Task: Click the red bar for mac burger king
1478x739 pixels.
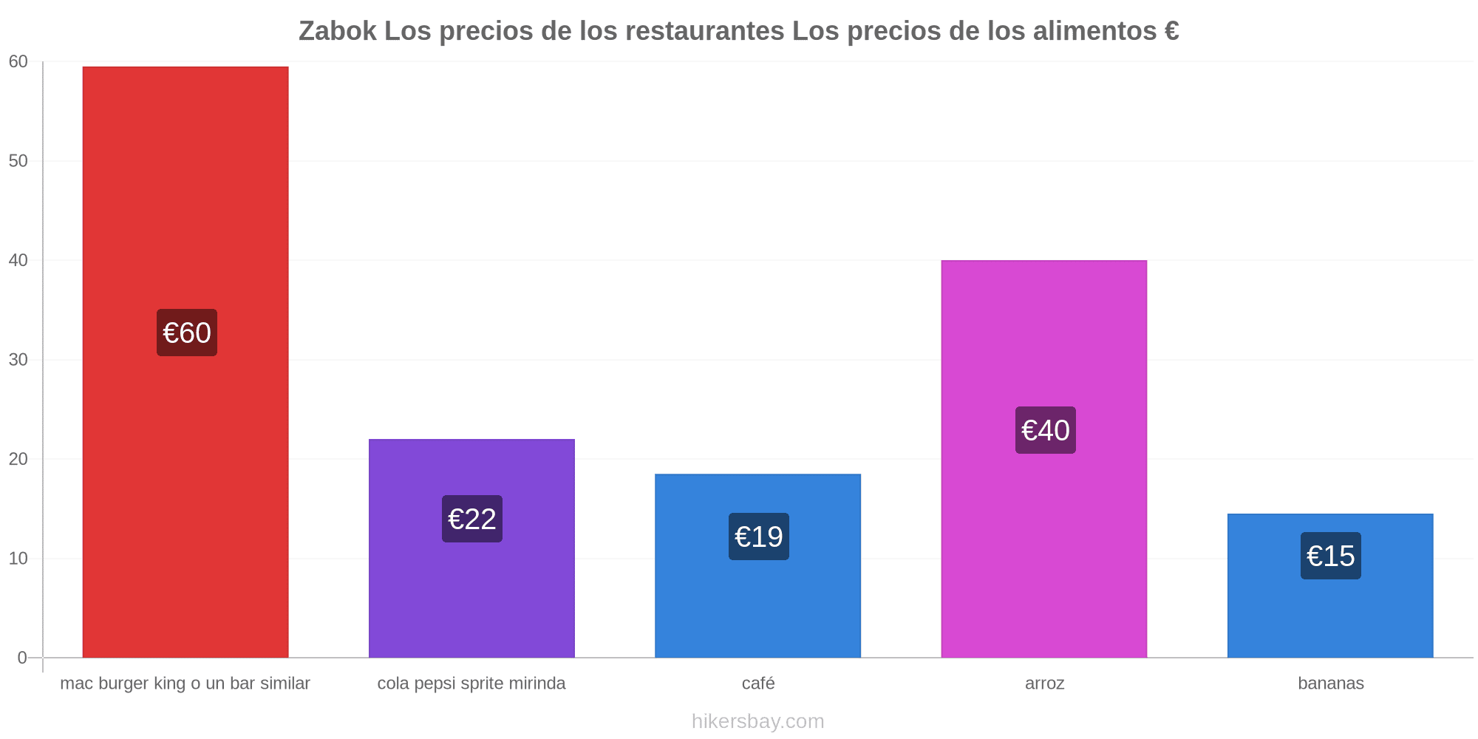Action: (x=185, y=362)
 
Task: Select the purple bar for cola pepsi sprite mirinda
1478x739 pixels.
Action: (x=471, y=548)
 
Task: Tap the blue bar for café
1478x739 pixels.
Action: (x=757, y=565)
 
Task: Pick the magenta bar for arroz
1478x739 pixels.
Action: (x=1044, y=459)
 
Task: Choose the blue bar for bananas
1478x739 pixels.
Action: (x=1330, y=585)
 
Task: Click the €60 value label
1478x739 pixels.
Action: (x=187, y=333)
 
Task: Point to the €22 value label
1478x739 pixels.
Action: (x=472, y=519)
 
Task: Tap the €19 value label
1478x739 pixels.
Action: (x=759, y=537)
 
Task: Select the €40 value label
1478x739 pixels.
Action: (x=1046, y=430)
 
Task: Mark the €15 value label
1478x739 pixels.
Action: (x=1331, y=556)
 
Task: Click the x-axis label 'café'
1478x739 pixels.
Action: (x=758, y=683)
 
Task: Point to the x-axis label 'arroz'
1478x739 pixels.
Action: (x=1044, y=684)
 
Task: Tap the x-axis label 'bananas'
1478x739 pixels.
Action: (x=1331, y=683)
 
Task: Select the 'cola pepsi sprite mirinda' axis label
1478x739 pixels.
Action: (x=471, y=684)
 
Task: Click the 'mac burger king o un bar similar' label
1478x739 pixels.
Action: (x=185, y=684)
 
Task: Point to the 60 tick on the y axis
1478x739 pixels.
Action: (x=18, y=62)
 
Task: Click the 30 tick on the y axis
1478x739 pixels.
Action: (x=18, y=360)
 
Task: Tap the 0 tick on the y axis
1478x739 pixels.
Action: (x=23, y=658)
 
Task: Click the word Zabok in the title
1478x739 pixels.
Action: (x=338, y=31)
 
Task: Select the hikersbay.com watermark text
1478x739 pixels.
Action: (x=758, y=721)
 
